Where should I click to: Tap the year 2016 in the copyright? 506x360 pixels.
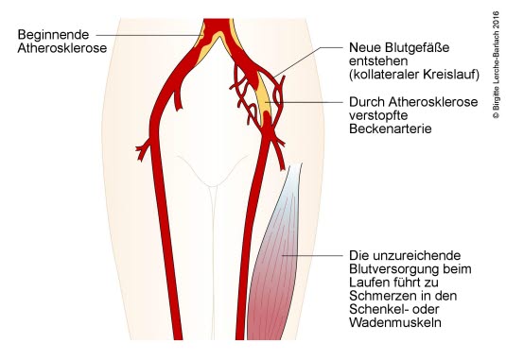tap(497, 22)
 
